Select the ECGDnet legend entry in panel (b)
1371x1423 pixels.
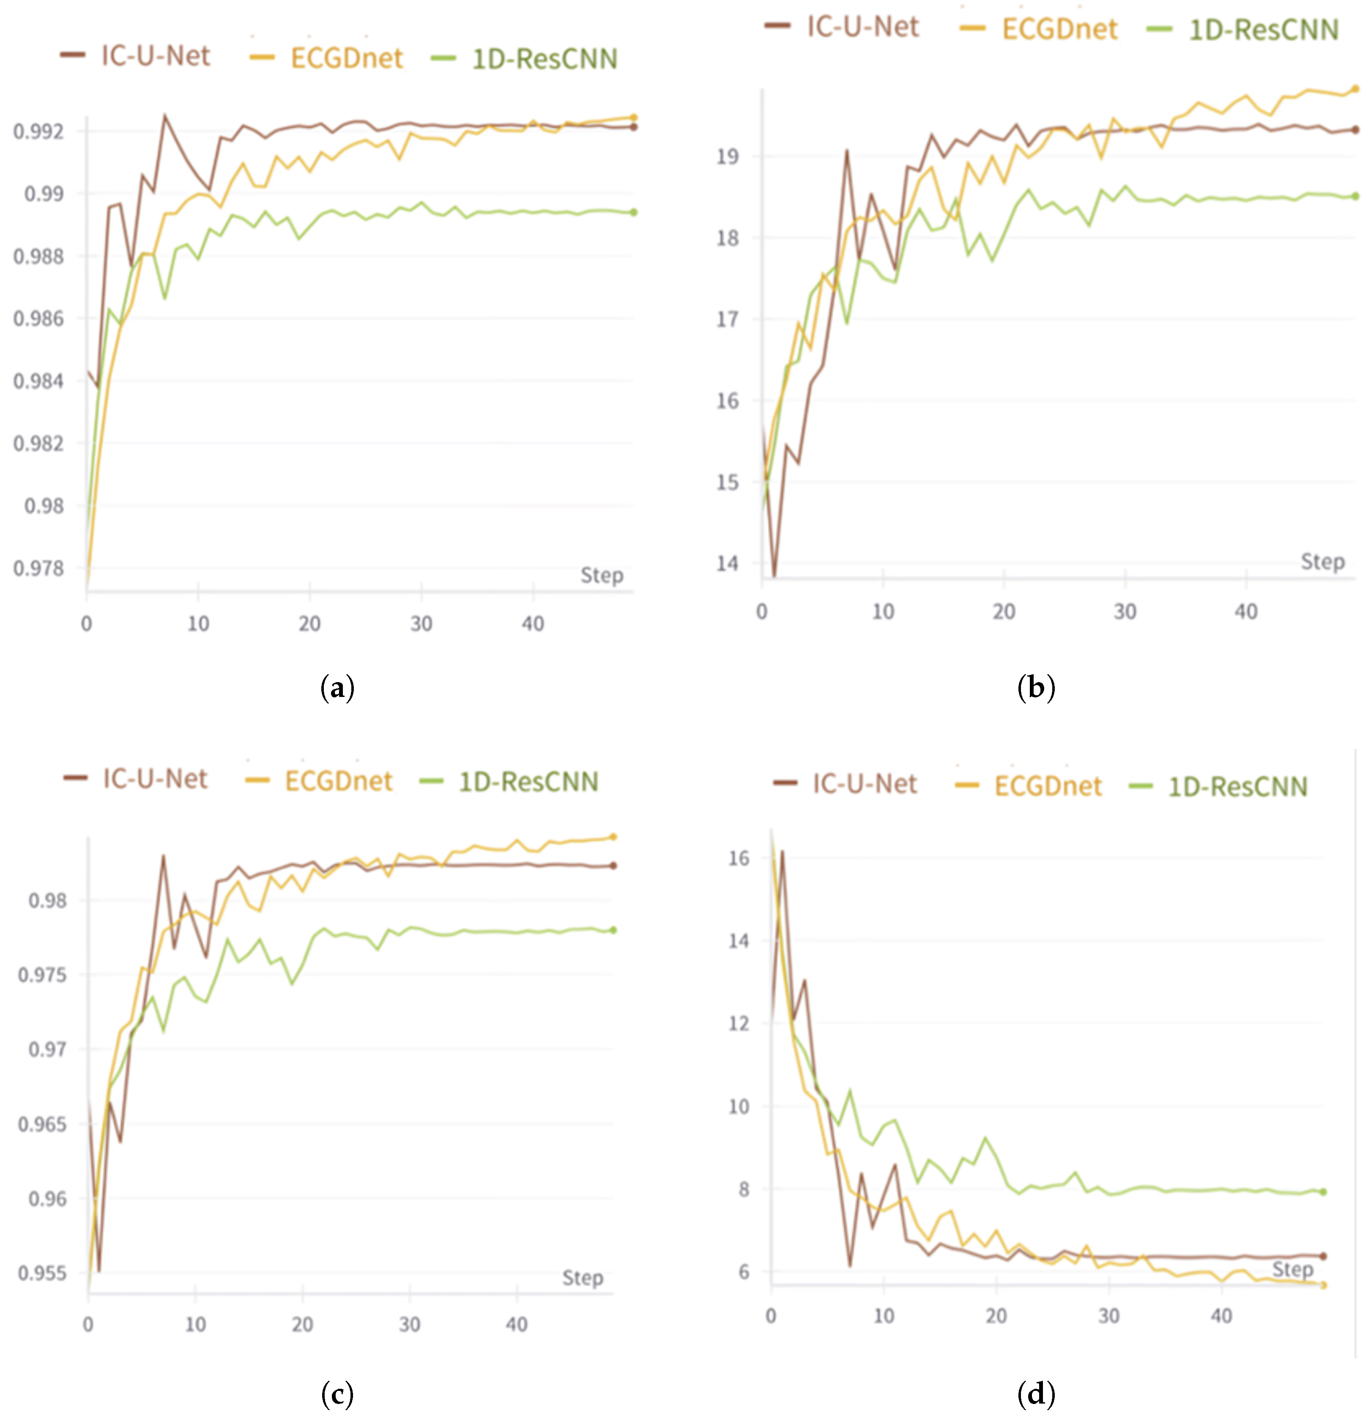[x=1059, y=29]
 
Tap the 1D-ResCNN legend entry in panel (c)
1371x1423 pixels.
[x=528, y=782]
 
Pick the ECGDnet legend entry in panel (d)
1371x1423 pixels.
[x=1047, y=786]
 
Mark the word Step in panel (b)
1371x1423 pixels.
[x=1322, y=561]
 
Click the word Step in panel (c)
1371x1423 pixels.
[x=583, y=1278]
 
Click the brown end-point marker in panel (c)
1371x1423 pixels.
[x=613, y=866]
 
